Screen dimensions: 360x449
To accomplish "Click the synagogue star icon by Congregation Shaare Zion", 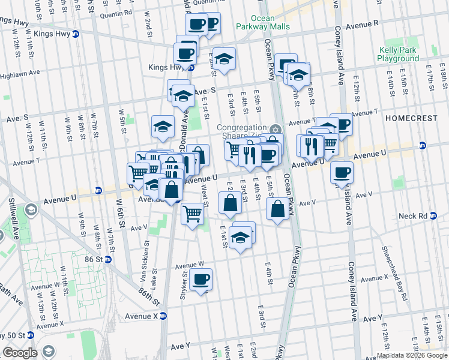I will coord(275,128).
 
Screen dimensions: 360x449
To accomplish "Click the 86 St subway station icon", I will coord(108,260).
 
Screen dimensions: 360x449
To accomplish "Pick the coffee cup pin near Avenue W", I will coord(200,279).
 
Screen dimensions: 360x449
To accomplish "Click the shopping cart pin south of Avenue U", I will coord(192,212).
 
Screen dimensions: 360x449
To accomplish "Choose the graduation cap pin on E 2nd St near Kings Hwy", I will coord(224,59).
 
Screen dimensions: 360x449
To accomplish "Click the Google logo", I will coord(20,353).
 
